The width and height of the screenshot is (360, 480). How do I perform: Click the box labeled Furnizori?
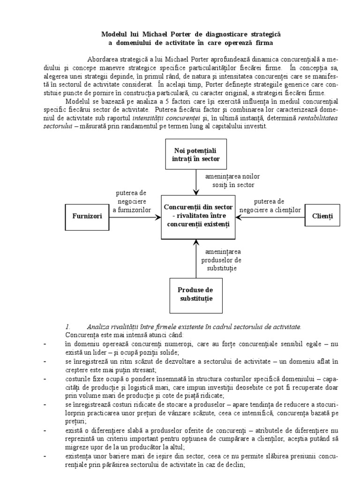point(87,217)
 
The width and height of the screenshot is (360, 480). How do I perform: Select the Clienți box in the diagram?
point(322,217)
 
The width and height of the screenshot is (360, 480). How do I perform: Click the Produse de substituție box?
point(196,294)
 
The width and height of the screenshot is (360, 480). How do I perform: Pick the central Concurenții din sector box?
point(196,216)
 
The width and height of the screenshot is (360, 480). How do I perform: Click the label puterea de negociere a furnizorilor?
point(132,201)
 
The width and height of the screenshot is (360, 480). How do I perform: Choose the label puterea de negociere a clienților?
point(270,205)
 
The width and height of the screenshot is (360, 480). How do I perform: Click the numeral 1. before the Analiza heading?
point(67,326)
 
